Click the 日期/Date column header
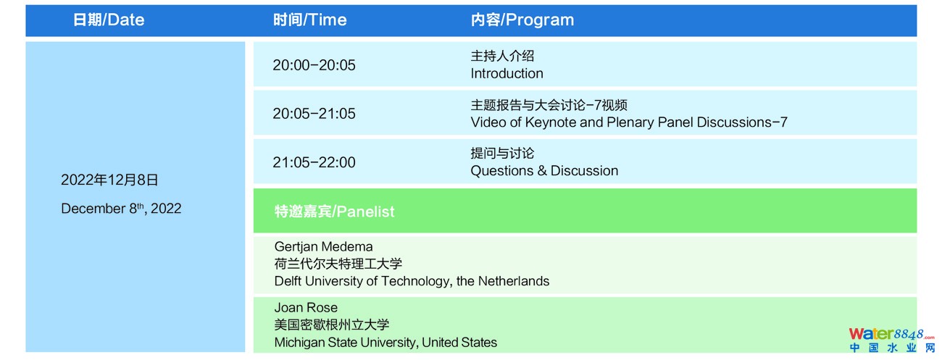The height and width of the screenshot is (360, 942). (109, 20)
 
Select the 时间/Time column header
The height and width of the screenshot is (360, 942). (310, 20)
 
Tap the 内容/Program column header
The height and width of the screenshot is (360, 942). (522, 20)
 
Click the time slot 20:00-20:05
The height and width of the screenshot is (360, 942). (314, 65)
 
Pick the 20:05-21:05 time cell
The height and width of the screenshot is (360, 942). (314, 114)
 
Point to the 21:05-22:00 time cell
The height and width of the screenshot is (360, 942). (314, 162)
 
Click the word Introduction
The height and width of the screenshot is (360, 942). (507, 74)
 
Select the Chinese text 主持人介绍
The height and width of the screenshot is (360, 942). (503, 56)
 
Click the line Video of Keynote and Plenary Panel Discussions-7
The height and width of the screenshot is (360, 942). (629, 122)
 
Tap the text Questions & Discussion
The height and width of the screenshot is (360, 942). (545, 171)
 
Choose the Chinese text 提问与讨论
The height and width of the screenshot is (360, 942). (503, 153)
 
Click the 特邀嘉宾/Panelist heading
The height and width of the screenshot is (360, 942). (334, 212)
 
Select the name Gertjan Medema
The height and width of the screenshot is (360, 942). (323, 246)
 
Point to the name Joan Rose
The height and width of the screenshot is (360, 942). (306, 307)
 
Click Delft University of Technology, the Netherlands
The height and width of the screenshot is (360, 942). (412, 281)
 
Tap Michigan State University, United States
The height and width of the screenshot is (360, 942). (385, 343)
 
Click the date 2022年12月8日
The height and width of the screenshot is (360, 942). (109, 180)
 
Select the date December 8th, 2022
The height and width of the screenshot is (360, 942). (121, 209)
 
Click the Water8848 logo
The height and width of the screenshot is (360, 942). (891, 340)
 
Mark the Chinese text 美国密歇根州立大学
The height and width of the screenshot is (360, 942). (332, 325)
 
